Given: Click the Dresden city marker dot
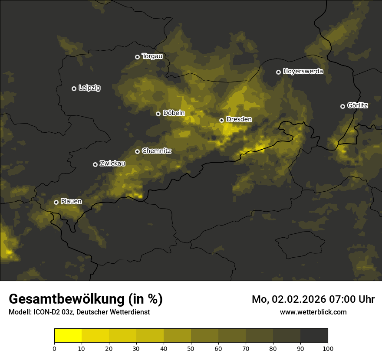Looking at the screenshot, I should [221, 120].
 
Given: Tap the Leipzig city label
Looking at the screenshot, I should [89, 88].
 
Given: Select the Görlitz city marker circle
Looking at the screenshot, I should [342, 106].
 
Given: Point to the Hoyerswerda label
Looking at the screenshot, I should [303, 72].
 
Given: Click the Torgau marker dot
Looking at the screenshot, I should [137, 57].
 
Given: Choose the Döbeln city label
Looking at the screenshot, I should [174, 113].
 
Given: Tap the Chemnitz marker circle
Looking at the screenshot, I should [137, 151].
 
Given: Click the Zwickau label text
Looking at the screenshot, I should [112, 164].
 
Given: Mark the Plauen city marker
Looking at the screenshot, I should [56, 202].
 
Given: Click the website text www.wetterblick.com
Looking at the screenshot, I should [313, 312].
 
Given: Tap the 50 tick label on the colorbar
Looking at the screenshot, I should [191, 348].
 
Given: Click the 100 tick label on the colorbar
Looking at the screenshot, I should [328, 348].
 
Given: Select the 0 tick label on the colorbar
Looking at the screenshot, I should [54, 348].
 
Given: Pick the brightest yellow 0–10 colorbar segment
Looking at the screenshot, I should [68, 336].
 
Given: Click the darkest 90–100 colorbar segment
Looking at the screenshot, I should [314, 336].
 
